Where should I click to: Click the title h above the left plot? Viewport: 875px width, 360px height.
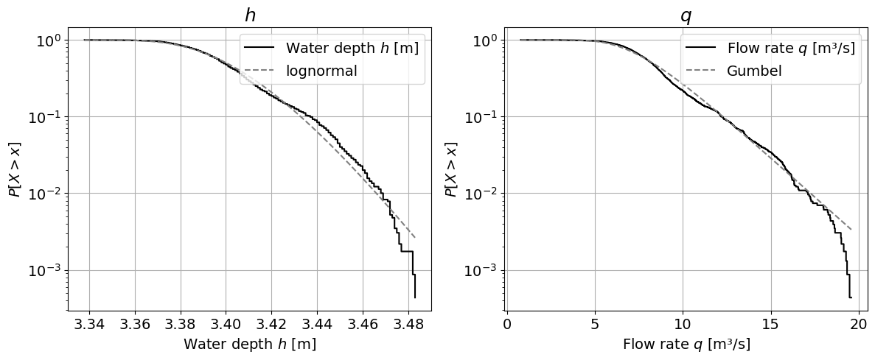(250, 15)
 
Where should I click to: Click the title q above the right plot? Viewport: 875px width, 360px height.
(686, 15)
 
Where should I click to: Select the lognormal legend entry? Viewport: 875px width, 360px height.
(321, 71)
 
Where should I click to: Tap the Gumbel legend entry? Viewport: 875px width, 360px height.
(754, 71)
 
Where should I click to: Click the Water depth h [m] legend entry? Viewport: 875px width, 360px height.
(352, 49)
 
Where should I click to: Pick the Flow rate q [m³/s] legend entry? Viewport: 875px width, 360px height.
(791, 49)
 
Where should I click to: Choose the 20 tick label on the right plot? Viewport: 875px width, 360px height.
(858, 323)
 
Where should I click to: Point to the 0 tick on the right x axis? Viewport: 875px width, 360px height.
(507, 323)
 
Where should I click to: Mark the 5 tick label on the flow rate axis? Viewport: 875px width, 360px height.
(595, 323)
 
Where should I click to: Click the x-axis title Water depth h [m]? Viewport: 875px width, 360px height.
(250, 344)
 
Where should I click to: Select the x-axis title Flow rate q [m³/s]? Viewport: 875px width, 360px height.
(686, 344)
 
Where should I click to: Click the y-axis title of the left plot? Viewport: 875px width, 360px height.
(15, 169)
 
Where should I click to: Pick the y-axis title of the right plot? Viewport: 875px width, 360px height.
(452, 169)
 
